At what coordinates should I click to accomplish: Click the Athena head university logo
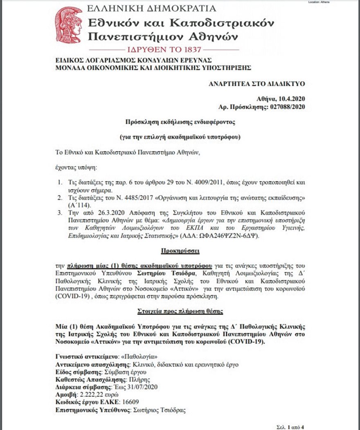pyautogui.click(x=69, y=25)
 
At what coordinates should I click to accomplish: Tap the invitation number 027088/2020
pyautogui.click(x=286, y=107)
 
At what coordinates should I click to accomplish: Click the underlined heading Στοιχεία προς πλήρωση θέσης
pyautogui.click(x=180, y=311)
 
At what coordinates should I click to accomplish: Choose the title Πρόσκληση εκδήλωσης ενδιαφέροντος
pyautogui.click(x=180, y=122)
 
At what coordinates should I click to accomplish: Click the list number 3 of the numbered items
pyautogui.click(x=59, y=213)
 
